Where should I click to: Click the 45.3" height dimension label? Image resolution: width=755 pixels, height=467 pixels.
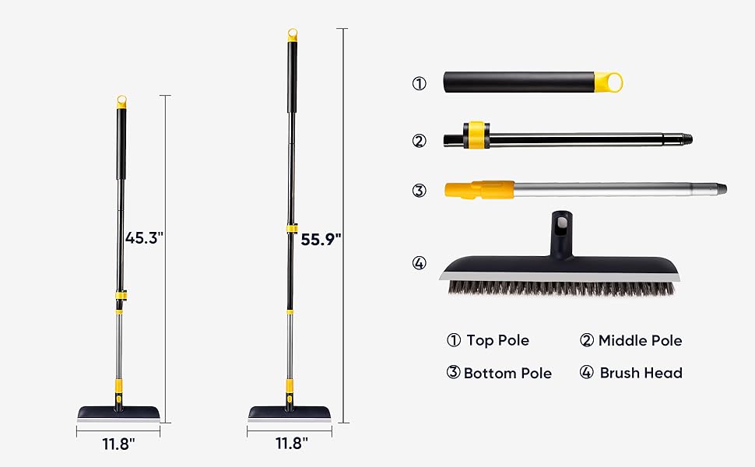pos(145,238)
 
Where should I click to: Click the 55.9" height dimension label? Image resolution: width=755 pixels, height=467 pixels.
pos(321,239)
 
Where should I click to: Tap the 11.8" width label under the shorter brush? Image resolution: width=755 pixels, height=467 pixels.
pos(118,444)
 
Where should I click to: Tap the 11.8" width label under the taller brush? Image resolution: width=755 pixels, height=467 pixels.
pos(292,443)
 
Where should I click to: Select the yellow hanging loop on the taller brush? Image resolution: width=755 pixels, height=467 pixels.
pos(293,35)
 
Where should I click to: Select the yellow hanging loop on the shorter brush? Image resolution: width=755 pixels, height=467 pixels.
pos(122,102)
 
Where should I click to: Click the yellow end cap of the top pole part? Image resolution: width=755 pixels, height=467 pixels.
pos(608,83)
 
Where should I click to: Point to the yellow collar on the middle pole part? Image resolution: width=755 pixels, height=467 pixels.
pos(476,135)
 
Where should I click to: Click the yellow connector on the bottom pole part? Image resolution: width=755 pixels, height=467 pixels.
pos(479,190)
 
